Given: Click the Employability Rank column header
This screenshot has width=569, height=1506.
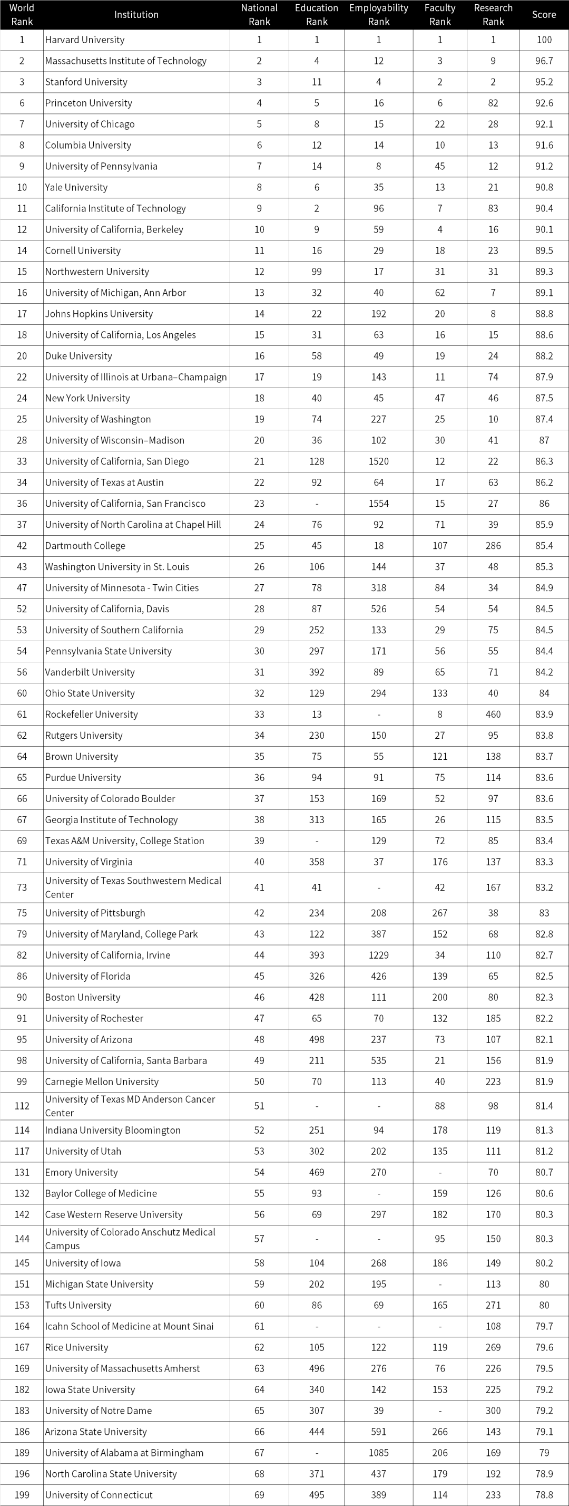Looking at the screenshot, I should click(379, 15).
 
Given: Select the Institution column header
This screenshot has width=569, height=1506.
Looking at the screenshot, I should click(136, 15).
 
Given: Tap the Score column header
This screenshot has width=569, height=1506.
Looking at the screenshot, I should click(544, 15).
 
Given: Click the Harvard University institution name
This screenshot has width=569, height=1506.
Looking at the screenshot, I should click(85, 40).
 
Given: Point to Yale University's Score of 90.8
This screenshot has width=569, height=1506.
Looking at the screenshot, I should click(544, 187).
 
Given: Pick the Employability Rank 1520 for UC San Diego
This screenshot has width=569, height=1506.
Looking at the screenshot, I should click(379, 461).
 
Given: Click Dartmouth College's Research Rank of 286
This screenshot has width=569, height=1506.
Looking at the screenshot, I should click(493, 545).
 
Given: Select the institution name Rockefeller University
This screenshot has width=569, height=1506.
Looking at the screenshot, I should click(92, 714).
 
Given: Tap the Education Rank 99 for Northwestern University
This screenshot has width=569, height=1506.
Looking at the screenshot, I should click(317, 271).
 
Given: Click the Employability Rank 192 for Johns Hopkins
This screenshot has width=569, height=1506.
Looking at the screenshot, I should click(379, 313).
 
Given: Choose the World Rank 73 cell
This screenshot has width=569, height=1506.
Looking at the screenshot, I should click(22, 887).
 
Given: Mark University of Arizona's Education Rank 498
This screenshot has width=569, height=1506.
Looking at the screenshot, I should click(317, 1039).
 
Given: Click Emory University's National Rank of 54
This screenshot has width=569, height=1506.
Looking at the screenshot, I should click(259, 1172).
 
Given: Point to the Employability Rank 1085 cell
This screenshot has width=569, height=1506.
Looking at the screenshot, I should click(379, 1452).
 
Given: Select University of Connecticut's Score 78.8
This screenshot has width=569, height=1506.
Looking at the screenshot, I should click(544, 1494).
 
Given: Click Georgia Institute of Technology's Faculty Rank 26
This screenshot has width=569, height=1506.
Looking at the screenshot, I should click(440, 819).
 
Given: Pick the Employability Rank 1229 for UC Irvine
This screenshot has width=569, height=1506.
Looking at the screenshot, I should click(379, 954).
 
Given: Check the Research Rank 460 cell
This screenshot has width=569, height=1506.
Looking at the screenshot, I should click(493, 714).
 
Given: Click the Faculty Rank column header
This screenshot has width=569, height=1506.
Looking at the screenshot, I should click(440, 15).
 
